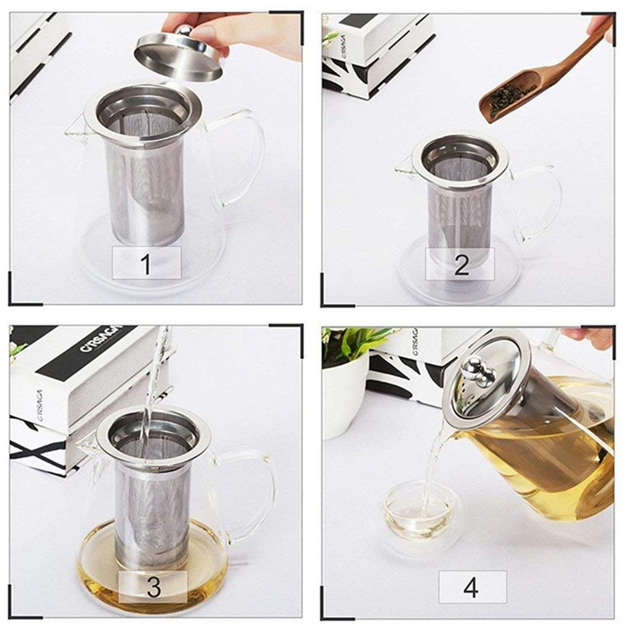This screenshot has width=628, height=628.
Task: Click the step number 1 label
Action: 145,264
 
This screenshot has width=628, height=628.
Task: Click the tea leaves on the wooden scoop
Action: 510,97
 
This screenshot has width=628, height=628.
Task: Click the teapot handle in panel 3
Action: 264,486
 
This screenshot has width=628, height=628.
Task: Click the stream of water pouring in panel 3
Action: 154,378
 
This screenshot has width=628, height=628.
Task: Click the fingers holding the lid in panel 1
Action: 205,27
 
